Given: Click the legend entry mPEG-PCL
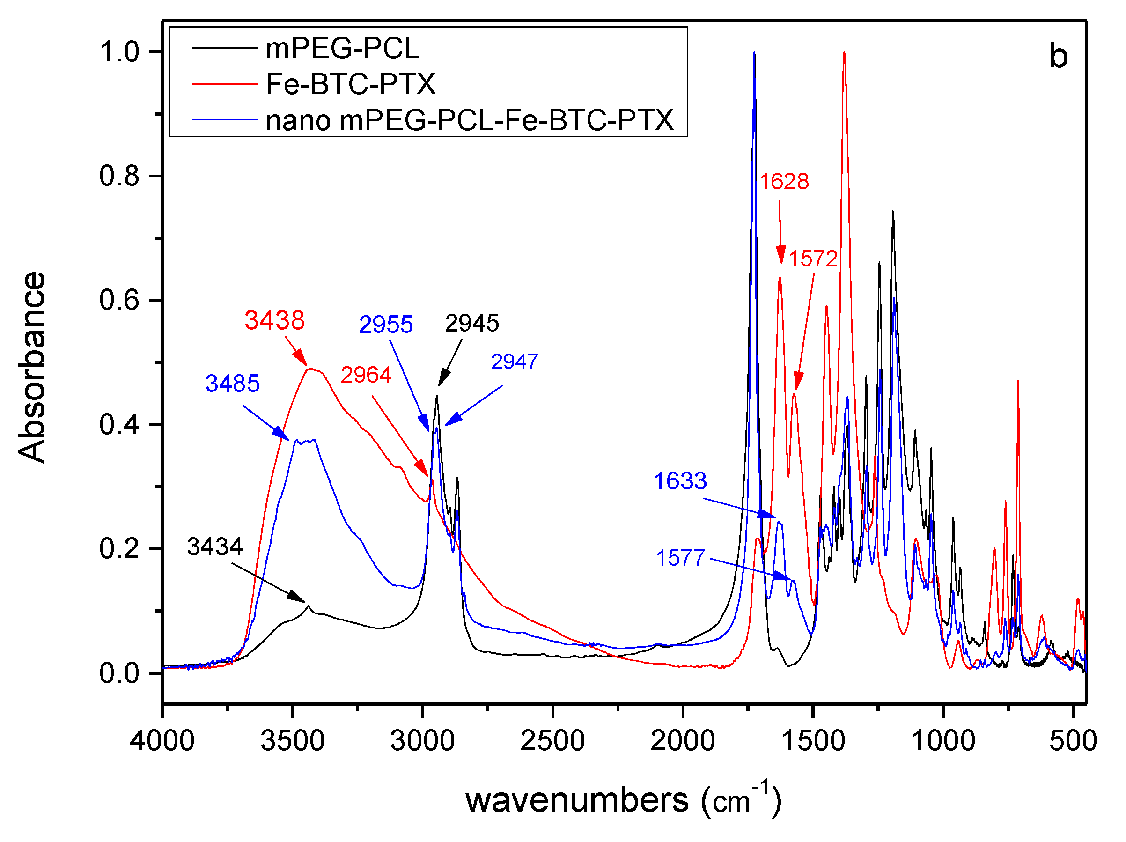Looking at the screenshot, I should click(342, 49).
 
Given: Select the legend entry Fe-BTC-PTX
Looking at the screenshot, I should click(350, 84).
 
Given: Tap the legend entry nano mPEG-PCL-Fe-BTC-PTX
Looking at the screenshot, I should click(469, 121).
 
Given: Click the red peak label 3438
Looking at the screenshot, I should click(274, 320).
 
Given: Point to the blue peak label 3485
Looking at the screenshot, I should click(232, 384).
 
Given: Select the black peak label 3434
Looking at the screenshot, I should click(214, 547).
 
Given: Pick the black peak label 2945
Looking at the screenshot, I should click(471, 323).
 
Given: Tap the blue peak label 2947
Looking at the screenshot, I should click(514, 362).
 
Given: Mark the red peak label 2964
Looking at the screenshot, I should click(366, 375).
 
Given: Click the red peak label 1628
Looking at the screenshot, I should click(784, 182).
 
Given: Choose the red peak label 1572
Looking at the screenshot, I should click(813, 259).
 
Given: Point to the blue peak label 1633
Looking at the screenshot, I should click(680, 481).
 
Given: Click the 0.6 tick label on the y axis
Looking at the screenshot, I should click(118, 300).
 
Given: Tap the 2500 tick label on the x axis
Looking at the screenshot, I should click(552, 741).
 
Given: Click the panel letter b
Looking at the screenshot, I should click(1058, 57).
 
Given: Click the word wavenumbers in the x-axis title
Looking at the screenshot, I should click(577, 800).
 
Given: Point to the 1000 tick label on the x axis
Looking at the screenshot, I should click(943, 741).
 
